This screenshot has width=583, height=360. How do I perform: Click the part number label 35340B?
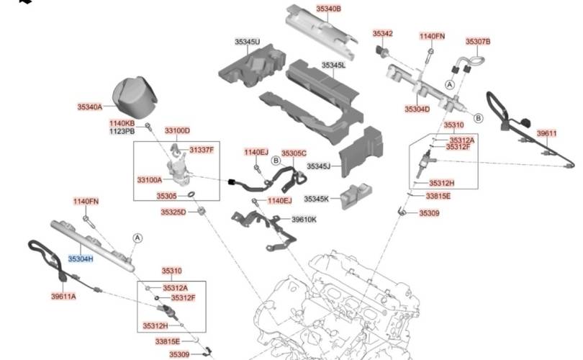[329, 9]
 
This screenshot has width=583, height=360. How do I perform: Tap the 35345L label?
[333, 66]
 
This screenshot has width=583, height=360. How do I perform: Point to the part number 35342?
[382, 34]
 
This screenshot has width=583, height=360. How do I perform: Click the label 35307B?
[477, 42]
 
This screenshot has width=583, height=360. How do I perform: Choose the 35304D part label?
[417, 109]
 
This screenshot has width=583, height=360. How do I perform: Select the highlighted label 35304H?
[81, 258]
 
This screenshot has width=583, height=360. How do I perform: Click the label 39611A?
[63, 296]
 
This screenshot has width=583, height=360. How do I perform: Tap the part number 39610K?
[304, 220]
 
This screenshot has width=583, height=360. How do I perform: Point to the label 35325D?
[173, 212]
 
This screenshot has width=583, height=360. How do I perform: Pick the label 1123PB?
[122, 132]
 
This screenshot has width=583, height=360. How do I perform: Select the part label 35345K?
[317, 199]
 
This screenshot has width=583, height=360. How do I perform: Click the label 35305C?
[294, 153]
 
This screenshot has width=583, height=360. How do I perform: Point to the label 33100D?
[177, 131]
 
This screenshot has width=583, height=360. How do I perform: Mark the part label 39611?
[548, 134]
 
